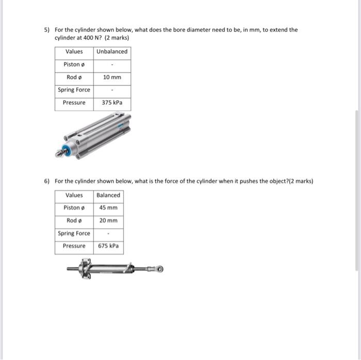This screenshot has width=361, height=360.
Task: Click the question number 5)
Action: [46, 30]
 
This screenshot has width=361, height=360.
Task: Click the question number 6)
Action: [46, 181]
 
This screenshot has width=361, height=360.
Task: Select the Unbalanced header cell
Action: [112, 52]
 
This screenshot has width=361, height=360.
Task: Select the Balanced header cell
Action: [108, 195]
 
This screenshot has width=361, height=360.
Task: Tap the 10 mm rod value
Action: [112, 77]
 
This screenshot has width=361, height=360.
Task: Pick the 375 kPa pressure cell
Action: [112, 102]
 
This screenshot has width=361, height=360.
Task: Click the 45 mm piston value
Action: [108, 208]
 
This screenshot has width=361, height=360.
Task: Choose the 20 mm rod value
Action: [108, 220]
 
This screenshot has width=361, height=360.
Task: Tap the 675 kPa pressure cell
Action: [108, 246]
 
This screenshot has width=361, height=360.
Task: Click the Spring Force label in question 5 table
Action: [74, 90]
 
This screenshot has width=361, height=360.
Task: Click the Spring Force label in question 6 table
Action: [74, 233]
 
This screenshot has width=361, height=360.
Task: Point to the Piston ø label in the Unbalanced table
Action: [74, 64]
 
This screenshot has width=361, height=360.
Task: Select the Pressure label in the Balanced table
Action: [74, 246]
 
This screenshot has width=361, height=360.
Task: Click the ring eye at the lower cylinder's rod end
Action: [159, 269]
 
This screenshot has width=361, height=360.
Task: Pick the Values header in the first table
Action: [74, 52]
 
